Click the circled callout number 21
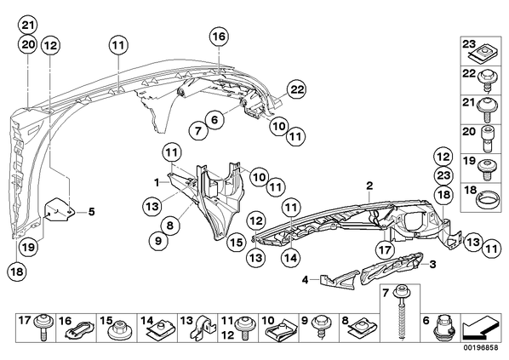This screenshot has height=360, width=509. click(27, 26)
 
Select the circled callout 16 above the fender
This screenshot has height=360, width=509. click(219, 37)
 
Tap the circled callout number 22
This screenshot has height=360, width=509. click(297, 89)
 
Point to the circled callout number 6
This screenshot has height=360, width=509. click(214, 120)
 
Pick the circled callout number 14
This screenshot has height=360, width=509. click(290, 259)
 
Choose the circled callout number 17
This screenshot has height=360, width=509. click(385, 250)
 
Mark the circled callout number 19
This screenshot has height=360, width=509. click(29, 248)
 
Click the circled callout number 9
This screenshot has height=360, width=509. click(158, 241)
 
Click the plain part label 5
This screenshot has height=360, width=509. click(92, 212)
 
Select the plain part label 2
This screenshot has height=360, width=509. click(369, 186)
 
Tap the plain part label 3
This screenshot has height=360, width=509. click(432, 264)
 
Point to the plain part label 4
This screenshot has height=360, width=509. click(305, 279)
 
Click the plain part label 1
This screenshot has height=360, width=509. click(157, 183)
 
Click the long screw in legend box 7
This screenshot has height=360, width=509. click(402, 311)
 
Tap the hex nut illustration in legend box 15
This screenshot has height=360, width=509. click(118, 329)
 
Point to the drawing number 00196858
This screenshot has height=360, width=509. click(480, 347)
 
